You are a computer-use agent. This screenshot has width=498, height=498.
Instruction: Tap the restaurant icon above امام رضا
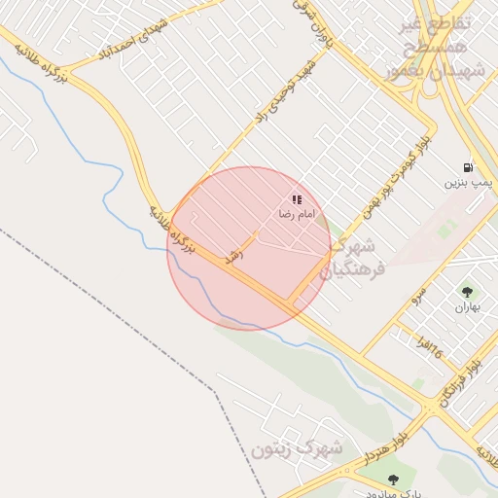tap(297, 199)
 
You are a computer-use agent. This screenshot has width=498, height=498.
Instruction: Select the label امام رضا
tap(298, 213)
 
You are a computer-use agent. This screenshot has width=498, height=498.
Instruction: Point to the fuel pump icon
tap(470, 166)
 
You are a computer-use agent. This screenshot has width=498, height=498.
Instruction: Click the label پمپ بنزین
tap(470, 182)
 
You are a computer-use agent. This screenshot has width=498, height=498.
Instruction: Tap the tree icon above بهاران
tap(467, 291)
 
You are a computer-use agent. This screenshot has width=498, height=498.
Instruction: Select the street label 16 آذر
tap(428, 346)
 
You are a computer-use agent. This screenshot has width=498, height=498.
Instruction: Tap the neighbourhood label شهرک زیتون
tap(297, 448)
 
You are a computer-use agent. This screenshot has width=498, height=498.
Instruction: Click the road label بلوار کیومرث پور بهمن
tap(394, 176)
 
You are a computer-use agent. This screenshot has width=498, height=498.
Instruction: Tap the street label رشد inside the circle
tap(233, 256)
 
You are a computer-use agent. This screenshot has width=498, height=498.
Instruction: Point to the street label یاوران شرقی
tap(311, 24)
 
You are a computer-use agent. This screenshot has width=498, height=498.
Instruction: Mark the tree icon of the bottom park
tap(393, 480)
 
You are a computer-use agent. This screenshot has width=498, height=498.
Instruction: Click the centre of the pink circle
tap(249, 249)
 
